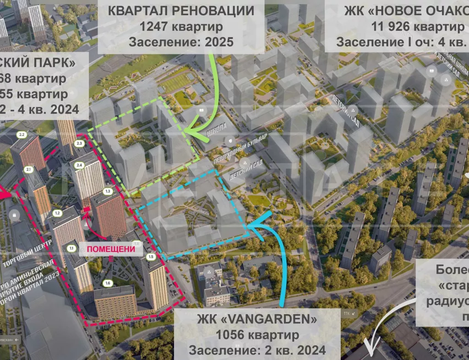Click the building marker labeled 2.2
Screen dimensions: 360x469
click(x=21, y=135)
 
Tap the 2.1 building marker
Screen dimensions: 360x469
click(x=28, y=169)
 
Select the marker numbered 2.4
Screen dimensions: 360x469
click(x=79, y=165)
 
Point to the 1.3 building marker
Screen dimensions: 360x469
click(x=108, y=191)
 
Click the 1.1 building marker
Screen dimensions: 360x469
click(x=71, y=248)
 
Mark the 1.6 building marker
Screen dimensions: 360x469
click(x=108, y=284)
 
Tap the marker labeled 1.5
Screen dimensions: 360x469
click(x=151, y=257)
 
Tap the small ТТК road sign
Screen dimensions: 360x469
click(x=349, y=313)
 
